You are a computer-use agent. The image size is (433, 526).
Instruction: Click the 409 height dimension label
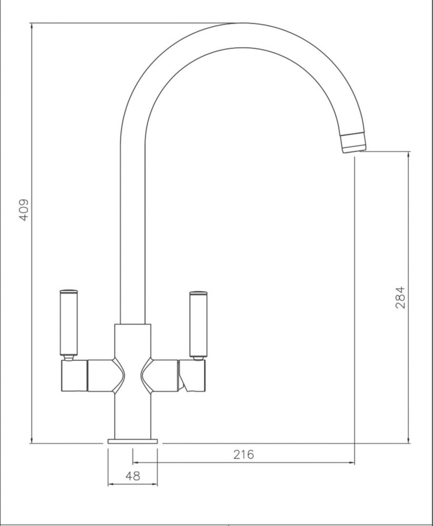pyautogui.click(x=24, y=210)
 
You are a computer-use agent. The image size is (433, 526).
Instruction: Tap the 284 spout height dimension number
pyautogui.click(x=400, y=298)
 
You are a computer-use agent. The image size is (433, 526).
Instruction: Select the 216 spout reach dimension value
pyautogui.click(x=244, y=454)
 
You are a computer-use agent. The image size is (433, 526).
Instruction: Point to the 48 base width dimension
pyautogui.click(x=133, y=476)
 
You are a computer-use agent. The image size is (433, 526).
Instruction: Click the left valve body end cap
pyautogui.click(x=74, y=376)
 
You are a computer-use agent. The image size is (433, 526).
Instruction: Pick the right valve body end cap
pyautogui.click(x=193, y=376)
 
